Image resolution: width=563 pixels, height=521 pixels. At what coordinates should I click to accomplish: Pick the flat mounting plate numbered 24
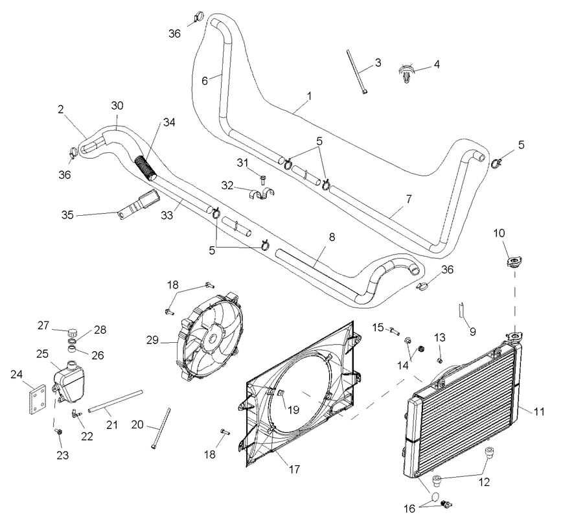(x=37, y=397)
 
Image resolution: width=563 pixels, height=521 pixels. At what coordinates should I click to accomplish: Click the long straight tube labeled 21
(x=115, y=401)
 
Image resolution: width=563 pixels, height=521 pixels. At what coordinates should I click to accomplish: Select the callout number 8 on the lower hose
(x=331, y=238)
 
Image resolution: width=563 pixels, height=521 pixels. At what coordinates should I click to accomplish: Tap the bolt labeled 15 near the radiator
(x=395, y=332)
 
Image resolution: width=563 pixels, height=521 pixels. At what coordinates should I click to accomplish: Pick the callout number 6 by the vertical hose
(x=205, y=81)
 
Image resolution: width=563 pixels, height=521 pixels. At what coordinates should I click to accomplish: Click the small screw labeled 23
(x=60, y=431)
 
